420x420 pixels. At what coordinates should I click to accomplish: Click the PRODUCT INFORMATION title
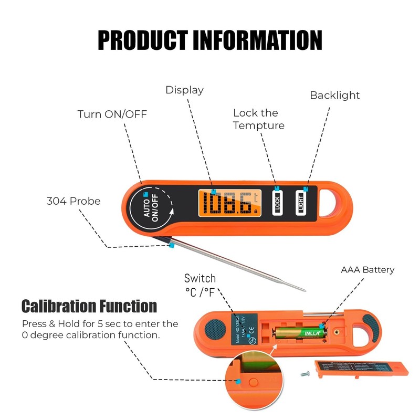pos(210,40)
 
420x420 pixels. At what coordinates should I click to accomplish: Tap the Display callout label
pos(184,90)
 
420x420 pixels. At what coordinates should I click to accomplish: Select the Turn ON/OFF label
pos(112,114)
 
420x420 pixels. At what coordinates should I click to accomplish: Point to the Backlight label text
pos(334,96)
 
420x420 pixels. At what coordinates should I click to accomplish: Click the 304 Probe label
pos(73,201)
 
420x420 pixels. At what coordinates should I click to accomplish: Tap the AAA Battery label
pos(367,270)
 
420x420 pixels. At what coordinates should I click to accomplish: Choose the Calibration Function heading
pos(89,306)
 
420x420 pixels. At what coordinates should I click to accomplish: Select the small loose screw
pos(305,374)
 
